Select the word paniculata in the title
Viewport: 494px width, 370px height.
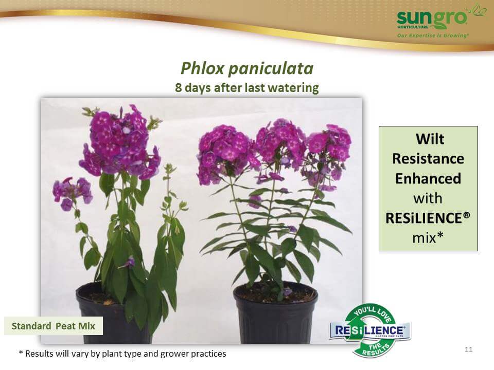(271, 69)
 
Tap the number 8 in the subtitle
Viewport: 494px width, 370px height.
(179, 88)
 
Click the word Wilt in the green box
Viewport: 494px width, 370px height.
(430, 139)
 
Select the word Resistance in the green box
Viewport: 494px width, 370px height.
(428, 159)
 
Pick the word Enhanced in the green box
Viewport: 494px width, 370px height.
(428, 178)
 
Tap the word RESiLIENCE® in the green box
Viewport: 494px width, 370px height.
(428, 218)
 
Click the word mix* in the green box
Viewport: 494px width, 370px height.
(428, 237)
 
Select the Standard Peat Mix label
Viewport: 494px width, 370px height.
(53, 326)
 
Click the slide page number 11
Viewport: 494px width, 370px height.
(468, 349)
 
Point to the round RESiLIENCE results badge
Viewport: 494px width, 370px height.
(370, 330)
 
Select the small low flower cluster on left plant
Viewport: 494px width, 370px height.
(73, 193)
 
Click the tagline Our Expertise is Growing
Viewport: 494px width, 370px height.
(433, 35)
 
